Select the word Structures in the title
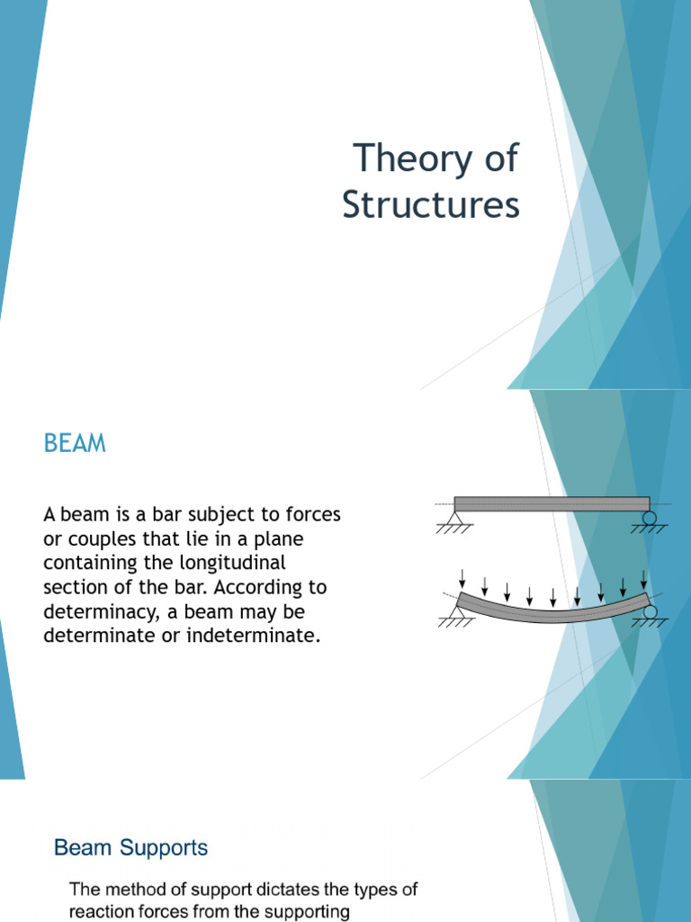(430, 205)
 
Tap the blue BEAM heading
(75, 443)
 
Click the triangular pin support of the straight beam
(454, 519)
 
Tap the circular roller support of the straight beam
(650, 519)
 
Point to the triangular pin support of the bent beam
(454, 612)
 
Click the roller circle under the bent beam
(650, 612)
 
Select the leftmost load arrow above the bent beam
(462, 577)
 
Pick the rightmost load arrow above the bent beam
(643, 577)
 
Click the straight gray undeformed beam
(552, 503)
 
